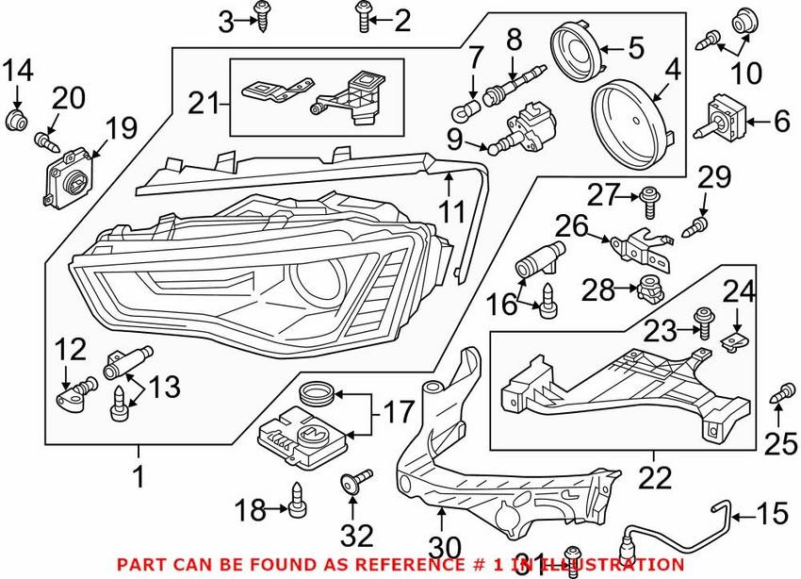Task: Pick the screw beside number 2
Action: point(363,16)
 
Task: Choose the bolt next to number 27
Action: point(647,197)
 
